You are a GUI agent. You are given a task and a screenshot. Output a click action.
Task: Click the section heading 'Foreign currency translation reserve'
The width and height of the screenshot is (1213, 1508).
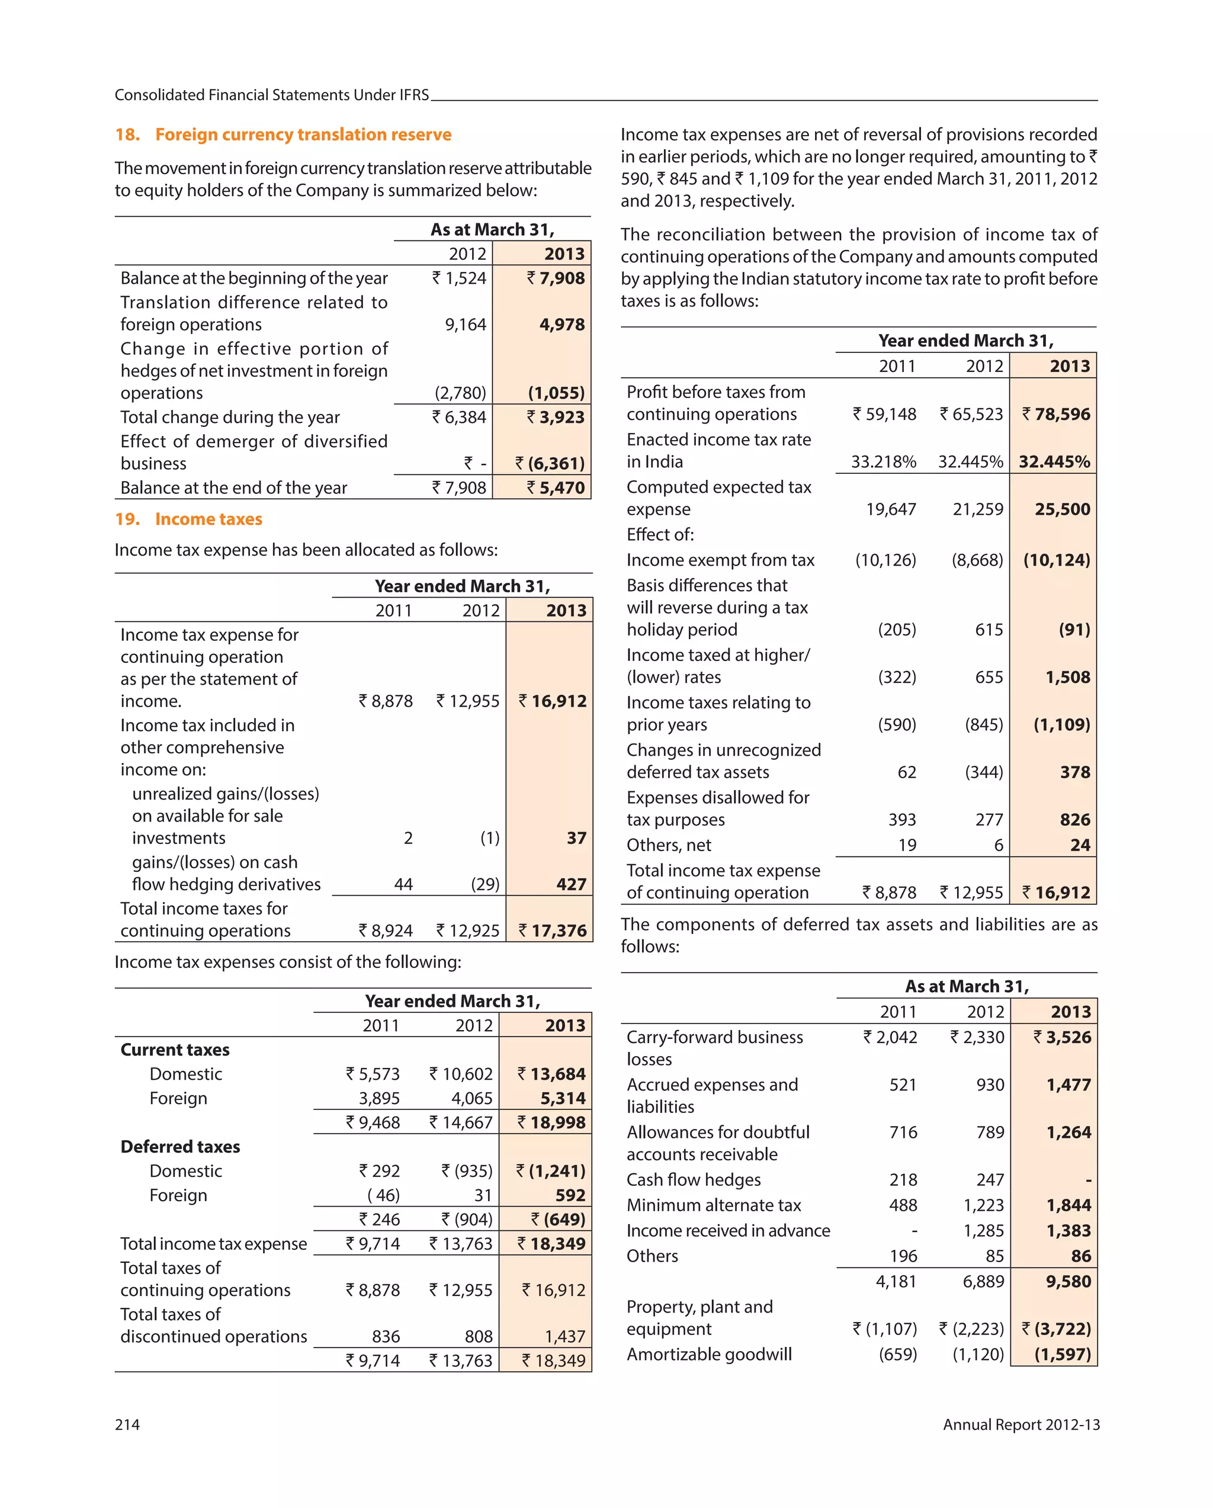[x=303, y=134]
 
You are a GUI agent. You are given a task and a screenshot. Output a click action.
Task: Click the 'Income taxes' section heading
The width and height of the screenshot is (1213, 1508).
[x=208, y=519]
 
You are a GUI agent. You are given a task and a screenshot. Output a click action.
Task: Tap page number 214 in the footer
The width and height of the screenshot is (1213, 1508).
[x=127, y=1424]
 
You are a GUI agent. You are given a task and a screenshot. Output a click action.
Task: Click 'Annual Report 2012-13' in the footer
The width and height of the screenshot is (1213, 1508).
[x=1021, y=1424]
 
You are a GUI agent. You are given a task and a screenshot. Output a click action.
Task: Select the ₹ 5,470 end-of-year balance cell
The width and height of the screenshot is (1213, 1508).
[x=556, y=487]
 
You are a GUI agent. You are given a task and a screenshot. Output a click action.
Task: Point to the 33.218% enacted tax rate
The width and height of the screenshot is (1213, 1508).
[x=883, y=461]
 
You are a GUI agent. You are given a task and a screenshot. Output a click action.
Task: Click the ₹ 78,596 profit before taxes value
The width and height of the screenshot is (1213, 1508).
[x=1055, y=414]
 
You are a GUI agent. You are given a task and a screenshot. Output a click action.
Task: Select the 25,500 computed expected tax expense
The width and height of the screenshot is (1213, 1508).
[x=1062, y=509]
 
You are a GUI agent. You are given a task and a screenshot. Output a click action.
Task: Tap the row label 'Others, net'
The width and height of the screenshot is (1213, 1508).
[x=668, y=845]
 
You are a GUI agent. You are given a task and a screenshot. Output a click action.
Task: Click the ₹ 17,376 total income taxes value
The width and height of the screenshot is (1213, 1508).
[x=552, y=931]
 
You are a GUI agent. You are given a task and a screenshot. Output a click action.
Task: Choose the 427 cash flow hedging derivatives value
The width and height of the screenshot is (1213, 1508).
[x=571, y=885]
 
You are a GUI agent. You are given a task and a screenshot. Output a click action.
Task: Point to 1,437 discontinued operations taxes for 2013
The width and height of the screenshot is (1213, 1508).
[x=564, y=1337]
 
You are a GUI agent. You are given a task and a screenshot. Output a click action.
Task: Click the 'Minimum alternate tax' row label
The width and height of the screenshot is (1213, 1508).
[x=714, y=1205]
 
